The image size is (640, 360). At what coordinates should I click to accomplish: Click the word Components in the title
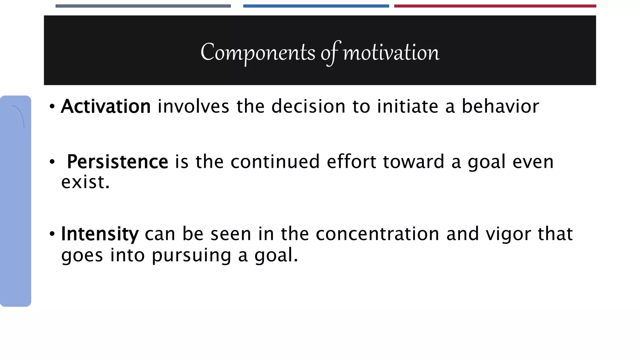pyautogui.click(x=258, y=52)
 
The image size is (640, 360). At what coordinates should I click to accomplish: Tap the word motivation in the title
pyautogui.click(x=391, y=52)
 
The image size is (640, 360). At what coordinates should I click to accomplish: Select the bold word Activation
pyautogui.click(x=106, y=107)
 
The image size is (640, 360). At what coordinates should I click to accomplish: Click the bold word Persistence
pyautogui.click(x=117, y=162)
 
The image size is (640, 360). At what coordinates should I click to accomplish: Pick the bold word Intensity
pyautogui.click(x=100, y=234)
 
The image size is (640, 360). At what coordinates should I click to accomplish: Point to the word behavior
pyautogui.click(x=500, y=107)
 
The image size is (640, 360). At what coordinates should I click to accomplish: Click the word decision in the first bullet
pyautogui.click(x=308, y=107)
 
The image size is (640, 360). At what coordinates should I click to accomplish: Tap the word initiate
pyautogui.click(x=407, y=107)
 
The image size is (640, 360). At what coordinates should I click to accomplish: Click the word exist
pyautogui.click(x=85, y=182)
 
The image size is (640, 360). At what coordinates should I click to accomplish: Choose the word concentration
pyautogui.click(x=377, y=234)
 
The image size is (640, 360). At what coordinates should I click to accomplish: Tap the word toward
pyautogui.click(x=413, y=162)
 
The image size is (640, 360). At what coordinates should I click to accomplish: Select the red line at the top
pyautogui.click(x=495, y=6)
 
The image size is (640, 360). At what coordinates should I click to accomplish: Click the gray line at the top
pyautogui.click(x=143, y=6)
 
